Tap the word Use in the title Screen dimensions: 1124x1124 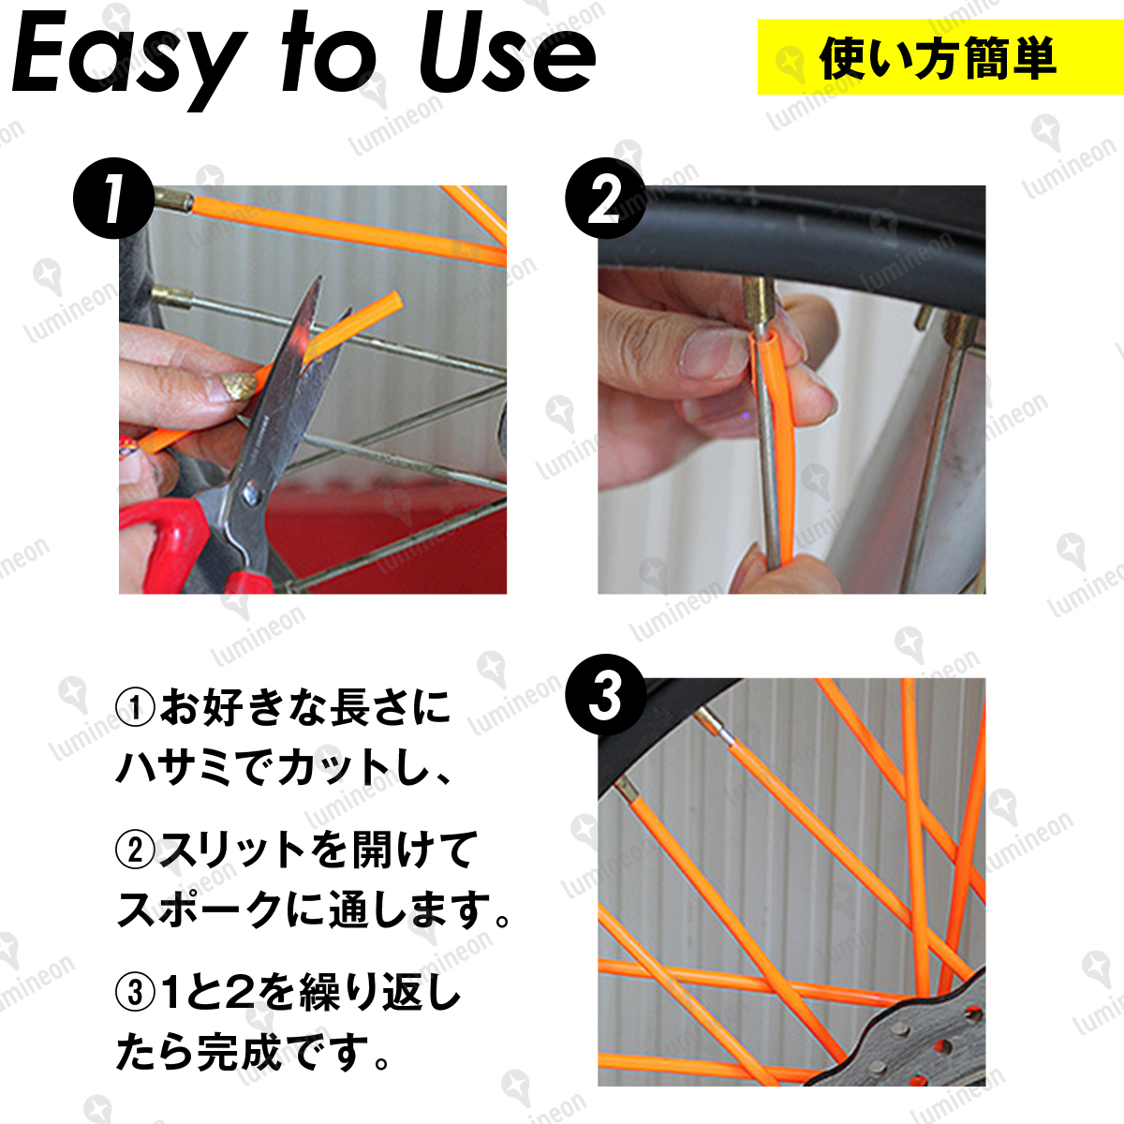point(507,56)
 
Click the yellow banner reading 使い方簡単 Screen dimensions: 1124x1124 point(940,57)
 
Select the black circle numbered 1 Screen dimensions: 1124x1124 point(113,199)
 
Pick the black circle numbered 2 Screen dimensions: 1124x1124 point(605,199)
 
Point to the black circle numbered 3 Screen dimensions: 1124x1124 point(605,694)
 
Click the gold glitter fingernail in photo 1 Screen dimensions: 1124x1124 point(238,386)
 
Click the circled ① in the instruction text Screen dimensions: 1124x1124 point(135,709)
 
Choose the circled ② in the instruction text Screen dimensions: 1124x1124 point(135,851)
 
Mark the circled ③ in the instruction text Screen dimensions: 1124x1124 point(135,994)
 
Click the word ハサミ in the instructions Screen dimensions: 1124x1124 point(176,766)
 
